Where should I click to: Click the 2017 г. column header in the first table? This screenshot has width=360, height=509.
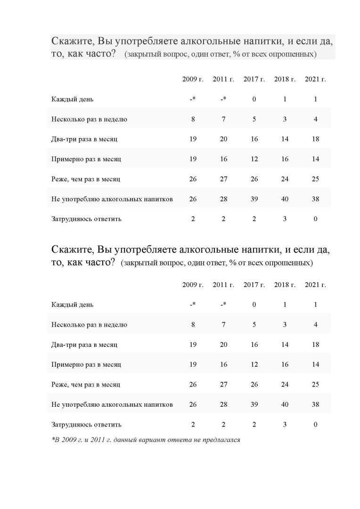point(254,79)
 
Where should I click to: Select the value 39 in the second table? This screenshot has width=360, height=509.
point(254,404)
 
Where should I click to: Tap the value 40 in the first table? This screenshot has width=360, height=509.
point(285,199)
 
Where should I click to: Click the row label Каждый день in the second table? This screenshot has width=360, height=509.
point(72,304)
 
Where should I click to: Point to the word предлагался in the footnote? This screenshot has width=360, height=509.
point(222,440)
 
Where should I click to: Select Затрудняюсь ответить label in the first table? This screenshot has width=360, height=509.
point(86,219)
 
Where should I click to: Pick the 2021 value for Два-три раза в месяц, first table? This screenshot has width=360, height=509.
point(315,139)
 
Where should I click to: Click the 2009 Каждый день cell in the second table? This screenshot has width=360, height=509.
point(193,304)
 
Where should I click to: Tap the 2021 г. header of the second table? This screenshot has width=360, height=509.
point(315,285)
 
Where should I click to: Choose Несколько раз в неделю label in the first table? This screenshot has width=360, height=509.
point(89,119)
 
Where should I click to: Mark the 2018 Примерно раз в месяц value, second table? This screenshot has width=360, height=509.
point(285,364)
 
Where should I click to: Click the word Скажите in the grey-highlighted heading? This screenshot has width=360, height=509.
point(72,41)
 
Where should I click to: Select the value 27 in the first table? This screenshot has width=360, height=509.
point(223,179)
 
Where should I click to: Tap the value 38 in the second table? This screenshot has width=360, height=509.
point(315,404)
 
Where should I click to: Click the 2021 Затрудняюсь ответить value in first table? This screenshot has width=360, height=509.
point(315,219)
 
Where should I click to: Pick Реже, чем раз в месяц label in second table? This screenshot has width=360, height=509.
point(86,385)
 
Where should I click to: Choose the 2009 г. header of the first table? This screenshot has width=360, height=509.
point(193,79)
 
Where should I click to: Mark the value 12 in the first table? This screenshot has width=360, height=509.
point(254,159)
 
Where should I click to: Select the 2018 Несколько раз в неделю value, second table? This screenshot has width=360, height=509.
point(285,325)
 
